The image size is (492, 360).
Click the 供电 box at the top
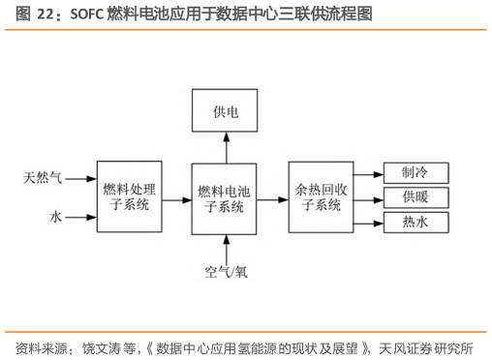(226, 113)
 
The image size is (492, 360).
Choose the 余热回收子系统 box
(323, 197)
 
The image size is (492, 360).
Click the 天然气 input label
(44, 178)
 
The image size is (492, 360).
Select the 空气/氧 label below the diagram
(226, 271)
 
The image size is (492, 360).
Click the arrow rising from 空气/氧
(226, 246)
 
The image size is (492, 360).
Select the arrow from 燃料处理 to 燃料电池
(178, 198)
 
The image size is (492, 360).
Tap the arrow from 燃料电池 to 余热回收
(274, 197)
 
